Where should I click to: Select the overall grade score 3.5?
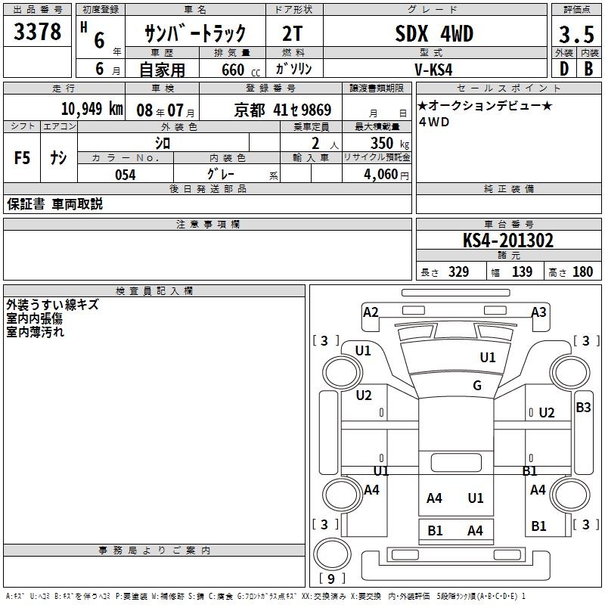576,35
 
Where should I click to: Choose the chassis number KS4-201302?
508,240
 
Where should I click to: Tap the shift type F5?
23,158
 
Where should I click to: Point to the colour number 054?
125,175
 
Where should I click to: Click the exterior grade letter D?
563,69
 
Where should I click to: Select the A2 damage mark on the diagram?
371,312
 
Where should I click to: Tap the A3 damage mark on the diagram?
538,312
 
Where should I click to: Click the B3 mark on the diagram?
584,408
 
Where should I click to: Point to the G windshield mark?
476,386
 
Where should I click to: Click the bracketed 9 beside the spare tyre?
330,579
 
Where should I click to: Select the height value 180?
582,272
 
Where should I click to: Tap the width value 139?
522,272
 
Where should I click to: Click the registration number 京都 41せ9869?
283,110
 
